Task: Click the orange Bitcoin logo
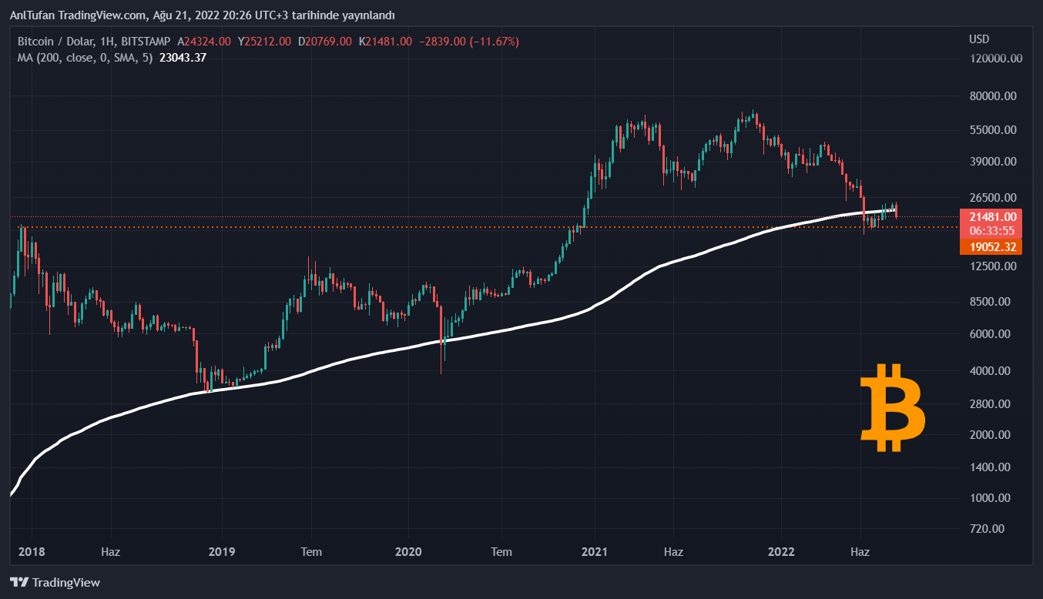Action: (892, 408)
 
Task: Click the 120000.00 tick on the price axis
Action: (995, 59)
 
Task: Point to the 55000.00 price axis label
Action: (993, 130)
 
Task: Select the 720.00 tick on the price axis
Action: (988, 529)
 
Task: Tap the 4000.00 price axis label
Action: (991, 371)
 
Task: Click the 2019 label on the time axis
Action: (222, 552)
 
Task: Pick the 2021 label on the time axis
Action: (595, 552)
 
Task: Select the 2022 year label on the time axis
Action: (781, 552)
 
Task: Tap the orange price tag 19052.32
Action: (991, 247)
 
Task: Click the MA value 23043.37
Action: (183, 57)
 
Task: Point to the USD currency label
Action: (979, 39)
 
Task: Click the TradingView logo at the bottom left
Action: (55, 583)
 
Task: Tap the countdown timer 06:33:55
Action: (991, 230)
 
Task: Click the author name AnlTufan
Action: (32, 15)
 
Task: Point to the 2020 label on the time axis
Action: (408, 552)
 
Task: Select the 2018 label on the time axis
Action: (32, 552)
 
